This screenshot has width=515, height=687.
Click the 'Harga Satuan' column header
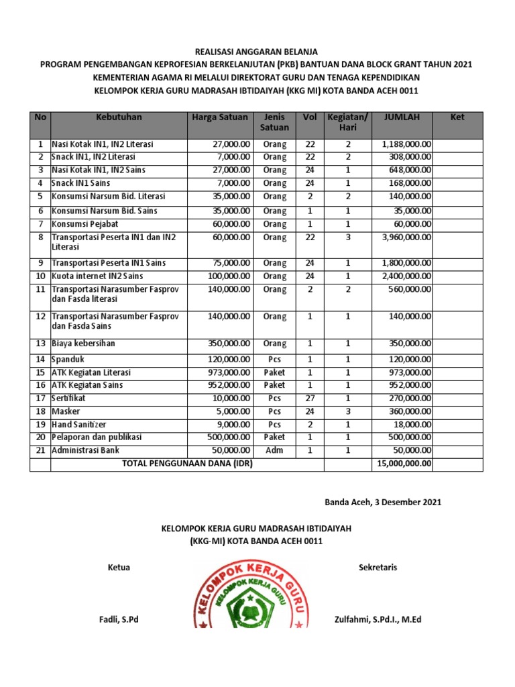[219, 117]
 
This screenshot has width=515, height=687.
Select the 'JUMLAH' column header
[402, 117]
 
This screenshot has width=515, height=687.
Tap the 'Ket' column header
[457, 117]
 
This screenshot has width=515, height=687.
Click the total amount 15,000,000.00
[405, 464]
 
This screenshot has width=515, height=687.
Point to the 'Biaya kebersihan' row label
[84, 343]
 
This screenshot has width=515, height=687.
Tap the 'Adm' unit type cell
[274, 450]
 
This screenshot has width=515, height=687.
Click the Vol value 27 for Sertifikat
[310, 398]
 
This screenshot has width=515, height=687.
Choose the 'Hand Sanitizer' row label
[80, 424]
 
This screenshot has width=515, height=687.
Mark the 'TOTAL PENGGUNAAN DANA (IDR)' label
[187, 464]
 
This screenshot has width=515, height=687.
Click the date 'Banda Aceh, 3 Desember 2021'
[383, 503]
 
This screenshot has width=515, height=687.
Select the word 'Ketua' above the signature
[119, 568]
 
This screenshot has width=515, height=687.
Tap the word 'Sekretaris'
[378, 568]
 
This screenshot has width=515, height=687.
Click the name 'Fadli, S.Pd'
[119, 620]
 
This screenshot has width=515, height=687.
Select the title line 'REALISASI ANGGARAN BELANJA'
[256, 52]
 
